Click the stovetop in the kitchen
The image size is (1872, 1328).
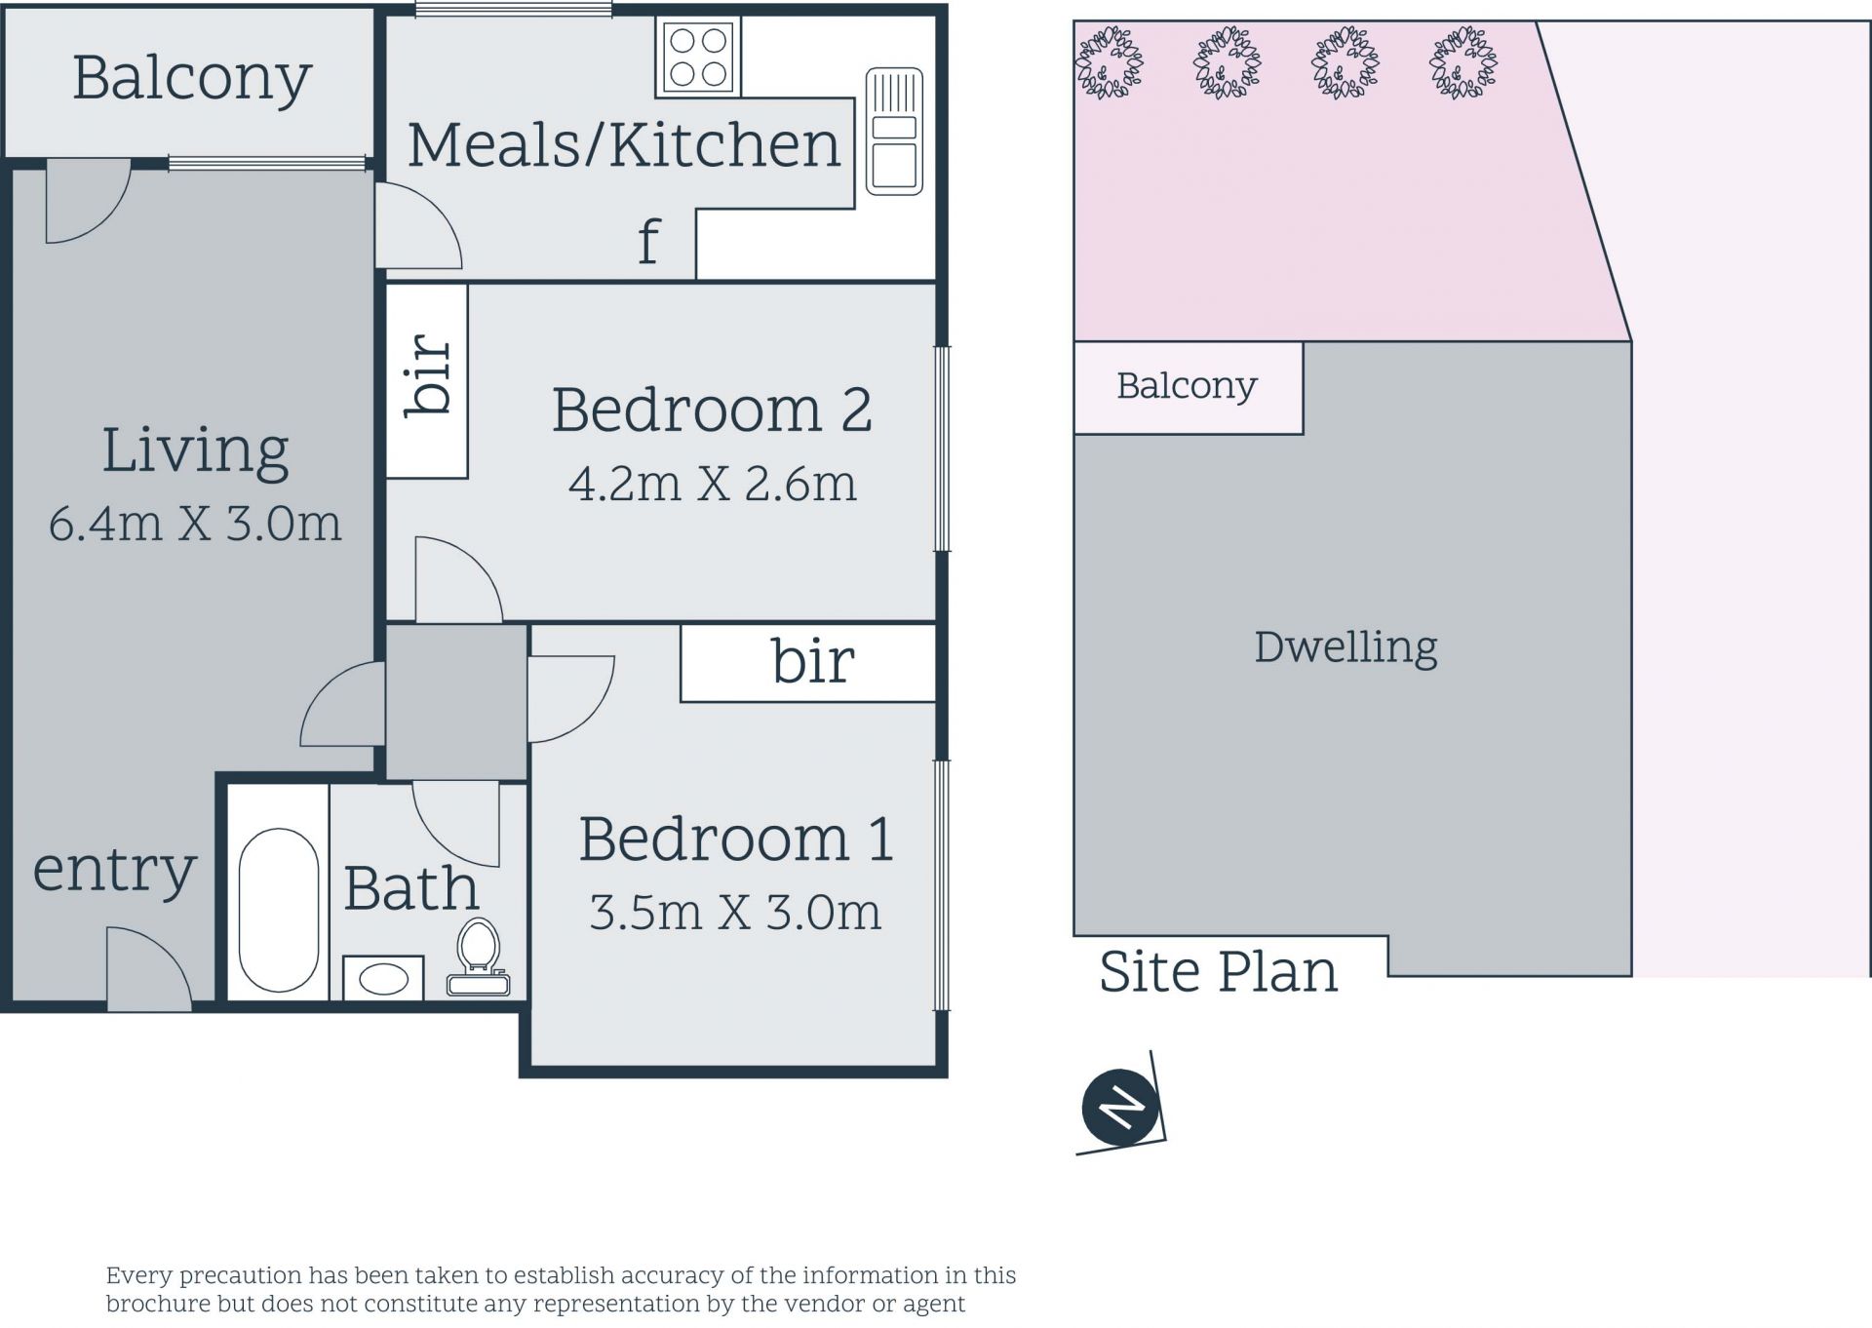point(698,58)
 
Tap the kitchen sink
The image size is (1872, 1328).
point(894,132)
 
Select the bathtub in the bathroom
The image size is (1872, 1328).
point(279,911)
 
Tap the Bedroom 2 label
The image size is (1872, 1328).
point(712,410)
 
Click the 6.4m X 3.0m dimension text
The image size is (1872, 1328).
point(195,524)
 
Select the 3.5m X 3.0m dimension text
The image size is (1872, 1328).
point(735,913)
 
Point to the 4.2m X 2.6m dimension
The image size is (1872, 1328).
point(713,484)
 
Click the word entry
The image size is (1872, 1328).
point(115,871)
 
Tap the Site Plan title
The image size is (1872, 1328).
point(1219,971)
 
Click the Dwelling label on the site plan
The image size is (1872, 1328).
point(1345,647)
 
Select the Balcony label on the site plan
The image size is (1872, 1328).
point(1187,386)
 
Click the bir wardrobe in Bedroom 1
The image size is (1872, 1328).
point(808,663)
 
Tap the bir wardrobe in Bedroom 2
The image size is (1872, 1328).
point(427,380)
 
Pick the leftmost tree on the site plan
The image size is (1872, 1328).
point(1110,62)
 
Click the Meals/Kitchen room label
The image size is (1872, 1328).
point(624,144)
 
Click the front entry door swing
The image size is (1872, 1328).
point(149,969)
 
